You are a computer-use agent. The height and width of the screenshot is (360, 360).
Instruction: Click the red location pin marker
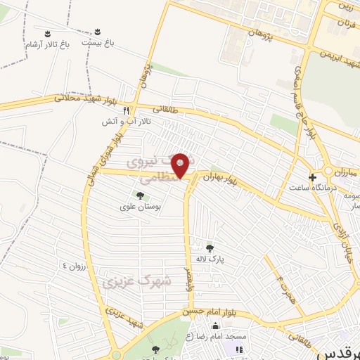(181, 165)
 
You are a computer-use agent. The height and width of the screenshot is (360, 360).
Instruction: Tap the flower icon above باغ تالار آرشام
(48, 34)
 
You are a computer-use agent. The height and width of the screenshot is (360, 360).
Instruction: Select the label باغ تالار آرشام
(48, 46)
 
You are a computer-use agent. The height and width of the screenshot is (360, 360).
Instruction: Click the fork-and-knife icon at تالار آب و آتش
(127, 110)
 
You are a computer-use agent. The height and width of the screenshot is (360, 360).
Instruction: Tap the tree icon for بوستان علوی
(139, 195)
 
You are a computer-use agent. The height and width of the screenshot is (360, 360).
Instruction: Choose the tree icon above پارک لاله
(210, 247)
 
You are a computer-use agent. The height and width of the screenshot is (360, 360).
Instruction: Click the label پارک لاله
(210, 259)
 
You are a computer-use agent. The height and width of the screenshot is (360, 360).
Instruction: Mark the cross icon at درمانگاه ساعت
(312, 176)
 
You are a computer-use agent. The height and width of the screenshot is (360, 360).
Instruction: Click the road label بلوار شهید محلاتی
(84, 98)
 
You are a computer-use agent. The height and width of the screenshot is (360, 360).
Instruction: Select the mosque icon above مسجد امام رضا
(238, 349)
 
